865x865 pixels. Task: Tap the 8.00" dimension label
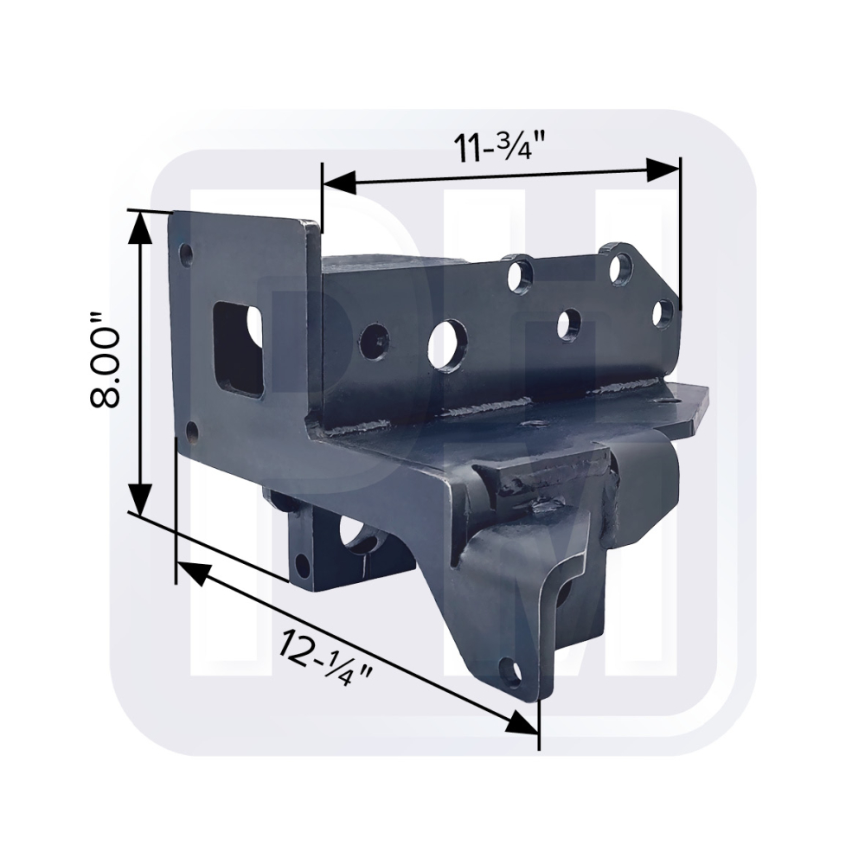pos(105,361)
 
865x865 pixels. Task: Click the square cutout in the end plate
pos(239,348)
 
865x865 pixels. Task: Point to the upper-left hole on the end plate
pos(187,255)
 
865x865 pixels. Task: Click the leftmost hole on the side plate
pos(373,338)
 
